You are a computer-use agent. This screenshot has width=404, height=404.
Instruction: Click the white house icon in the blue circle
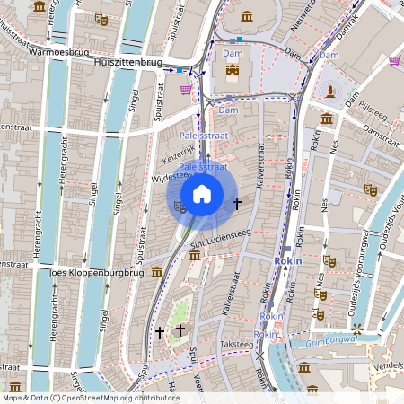point(202,193)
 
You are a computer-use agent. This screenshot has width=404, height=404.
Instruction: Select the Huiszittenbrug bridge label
point(128,64)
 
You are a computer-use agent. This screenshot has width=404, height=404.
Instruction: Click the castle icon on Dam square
point(233,70)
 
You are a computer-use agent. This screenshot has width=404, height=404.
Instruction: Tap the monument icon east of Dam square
point(331,91)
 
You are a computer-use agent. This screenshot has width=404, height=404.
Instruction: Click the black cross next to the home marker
point(237,204)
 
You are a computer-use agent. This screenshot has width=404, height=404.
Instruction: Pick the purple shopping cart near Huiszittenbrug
point(186,89)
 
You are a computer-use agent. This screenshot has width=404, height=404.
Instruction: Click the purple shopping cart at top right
point(395,60)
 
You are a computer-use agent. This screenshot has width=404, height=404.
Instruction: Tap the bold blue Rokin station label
point(287,260)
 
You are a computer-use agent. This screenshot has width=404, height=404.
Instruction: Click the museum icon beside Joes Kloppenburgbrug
point(157,271)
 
